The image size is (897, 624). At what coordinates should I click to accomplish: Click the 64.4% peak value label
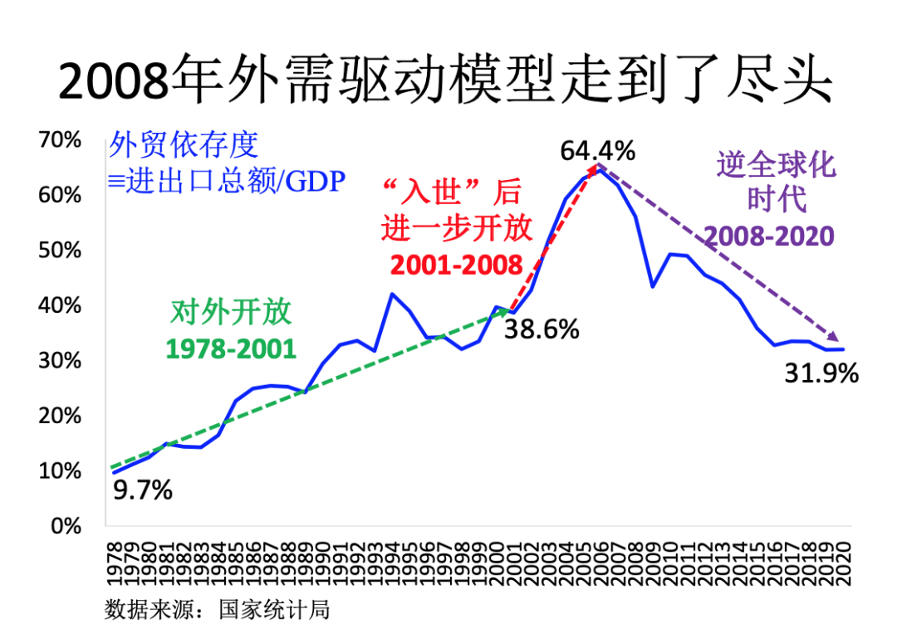pyautogui.click(x=597, y=151)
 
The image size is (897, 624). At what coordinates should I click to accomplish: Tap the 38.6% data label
pyautogui.click(x=542, y=330)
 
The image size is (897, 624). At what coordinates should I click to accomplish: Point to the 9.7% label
pyautogui.click(x=142, y=490)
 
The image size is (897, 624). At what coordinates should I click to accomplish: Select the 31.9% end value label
pyautogui.click(x=821, y=374)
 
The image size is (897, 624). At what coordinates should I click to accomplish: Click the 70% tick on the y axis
pyautogui.click(x=61, y=140)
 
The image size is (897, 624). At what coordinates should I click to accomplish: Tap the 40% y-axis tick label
pyautogui.click(x=61, y=305)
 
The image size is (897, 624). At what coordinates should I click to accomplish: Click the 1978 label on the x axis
pyautogui.click(x=114, y=561)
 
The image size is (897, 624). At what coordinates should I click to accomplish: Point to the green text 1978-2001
pyautogui.click(x=231, y=349)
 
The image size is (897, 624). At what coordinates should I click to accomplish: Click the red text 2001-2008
pyautogui.click(x=456, y=265)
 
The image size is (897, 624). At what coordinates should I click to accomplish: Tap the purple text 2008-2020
pyautogui.click(x=769, y=236)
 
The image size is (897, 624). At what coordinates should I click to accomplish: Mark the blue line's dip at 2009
pyautogui.click(x=653, y=287)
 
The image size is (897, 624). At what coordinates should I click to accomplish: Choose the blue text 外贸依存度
pyautogui.click(x=184, y=146)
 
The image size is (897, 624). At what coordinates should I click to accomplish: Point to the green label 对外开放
pyautogui.click(x=231, y=313)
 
